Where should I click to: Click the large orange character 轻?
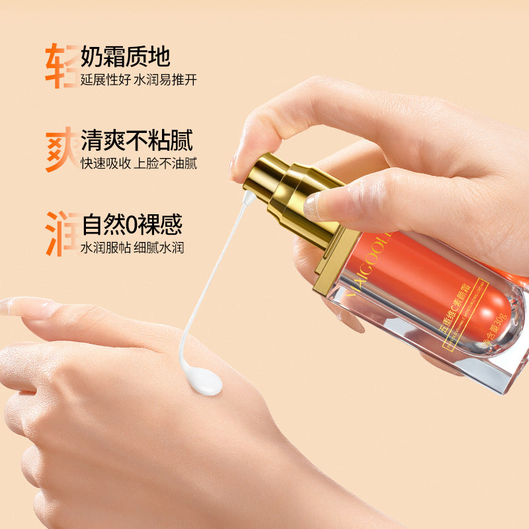click(61, 66)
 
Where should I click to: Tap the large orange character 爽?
click(61, 150)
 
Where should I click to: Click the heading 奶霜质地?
click(126, 57)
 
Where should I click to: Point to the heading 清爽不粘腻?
click(137, 141)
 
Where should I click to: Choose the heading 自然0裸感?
click(132, 225)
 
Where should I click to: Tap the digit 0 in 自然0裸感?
click(132, 226)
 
